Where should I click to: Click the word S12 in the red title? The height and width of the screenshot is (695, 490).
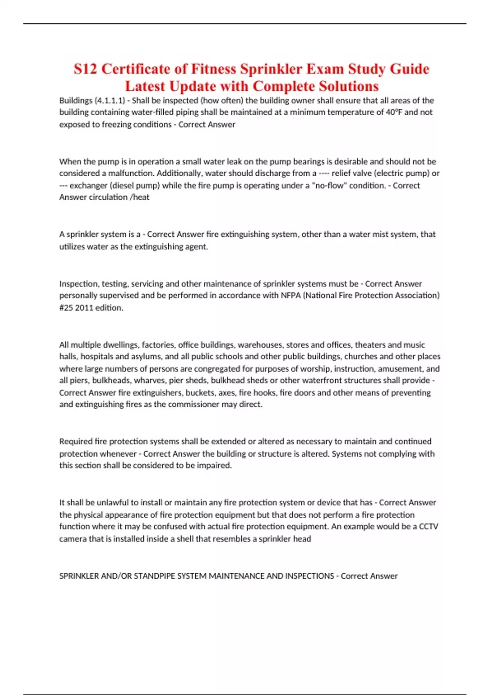tap(86, 69)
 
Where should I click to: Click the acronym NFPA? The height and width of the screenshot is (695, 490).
tap(290, 296)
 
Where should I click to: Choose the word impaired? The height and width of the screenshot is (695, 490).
tap(214, 466)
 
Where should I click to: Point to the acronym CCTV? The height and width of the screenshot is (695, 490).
tap(428, 527)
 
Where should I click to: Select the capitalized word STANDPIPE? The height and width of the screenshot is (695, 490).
tap(153, 576)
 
